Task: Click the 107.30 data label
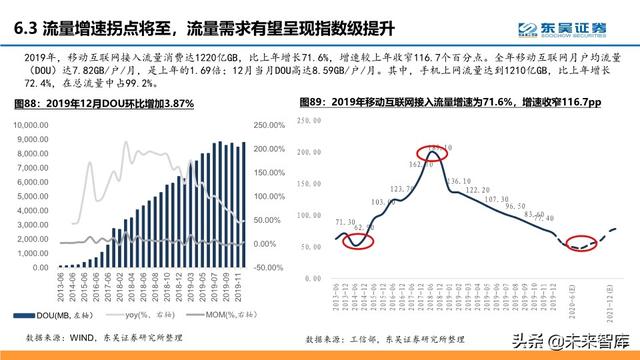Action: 496,199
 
